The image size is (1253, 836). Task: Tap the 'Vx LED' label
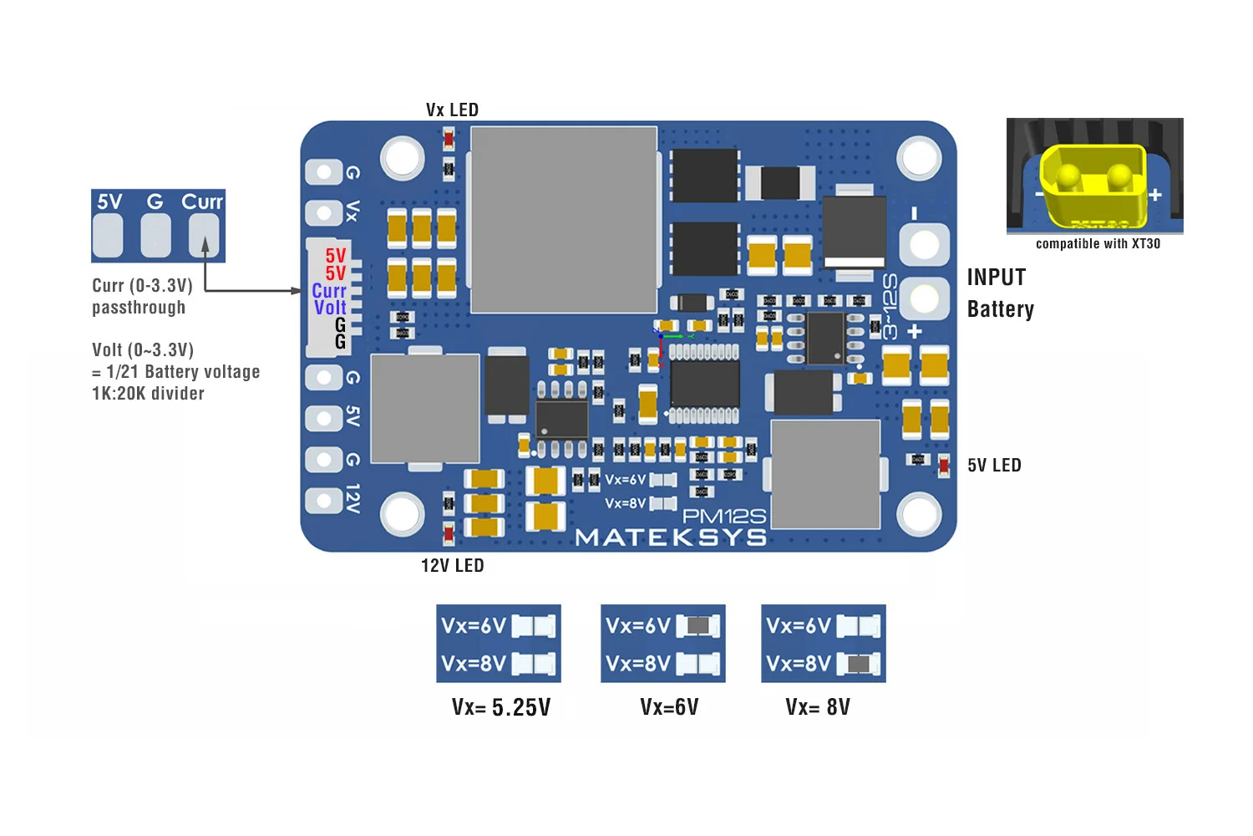click(x=452, y=110)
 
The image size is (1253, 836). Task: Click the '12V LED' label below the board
click(x=452, y=566)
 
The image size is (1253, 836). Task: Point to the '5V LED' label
click(x=994, y=466)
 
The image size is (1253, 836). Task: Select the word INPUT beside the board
click(x=997, y=278)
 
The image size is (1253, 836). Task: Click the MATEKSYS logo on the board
click(x=671, y=538)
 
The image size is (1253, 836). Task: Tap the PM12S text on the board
click(x=723, y=517)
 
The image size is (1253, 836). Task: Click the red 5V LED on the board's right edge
click(x=944, y=465)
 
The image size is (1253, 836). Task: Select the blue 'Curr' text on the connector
click(x=329, y=291)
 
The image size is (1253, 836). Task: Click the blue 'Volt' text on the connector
click(x=330, y=308)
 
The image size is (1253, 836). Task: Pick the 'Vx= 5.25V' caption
click(x=501, y=707)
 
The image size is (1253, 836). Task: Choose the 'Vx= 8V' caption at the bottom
click(x=818, y=707)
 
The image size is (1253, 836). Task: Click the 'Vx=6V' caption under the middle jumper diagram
click(x=669, y=707)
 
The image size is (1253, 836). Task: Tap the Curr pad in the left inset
click(x=204, y=235)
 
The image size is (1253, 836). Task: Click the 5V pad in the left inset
click(x=108, y=235)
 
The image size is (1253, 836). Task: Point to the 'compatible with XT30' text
click(x=1098, y=244)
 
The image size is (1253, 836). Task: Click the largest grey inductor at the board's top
click(x=563, y=220)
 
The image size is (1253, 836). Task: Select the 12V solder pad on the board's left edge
click(x=323, y=500)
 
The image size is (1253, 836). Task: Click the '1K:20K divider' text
click(x=148, y=394)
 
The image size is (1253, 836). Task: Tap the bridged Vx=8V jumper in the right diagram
click(x=858, y=665)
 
